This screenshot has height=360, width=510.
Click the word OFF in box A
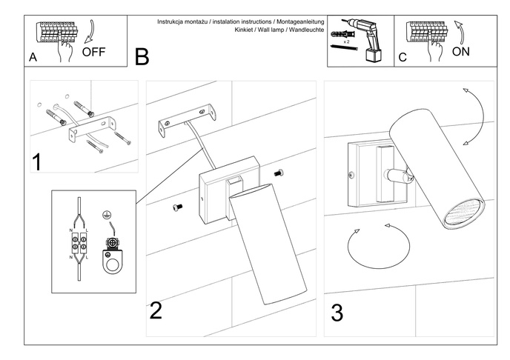94,52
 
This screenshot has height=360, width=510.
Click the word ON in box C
461,52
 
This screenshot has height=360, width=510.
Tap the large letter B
142,56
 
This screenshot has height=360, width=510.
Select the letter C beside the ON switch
403,57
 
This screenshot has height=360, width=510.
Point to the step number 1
36,161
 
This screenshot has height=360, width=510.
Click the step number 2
156,310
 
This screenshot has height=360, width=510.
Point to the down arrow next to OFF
90,31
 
